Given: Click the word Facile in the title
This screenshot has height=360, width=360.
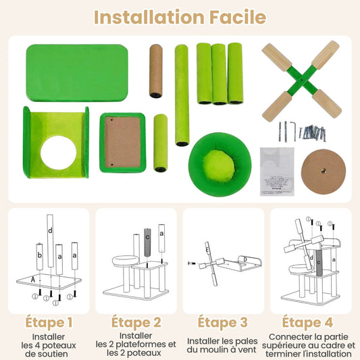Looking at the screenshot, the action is [x=238, y=17].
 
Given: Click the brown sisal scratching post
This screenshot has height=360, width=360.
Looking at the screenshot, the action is [x=156, y=71].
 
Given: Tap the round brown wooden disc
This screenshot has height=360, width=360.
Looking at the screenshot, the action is [x=324, y=172].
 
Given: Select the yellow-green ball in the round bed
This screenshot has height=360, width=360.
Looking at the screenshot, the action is [x=219, y=163].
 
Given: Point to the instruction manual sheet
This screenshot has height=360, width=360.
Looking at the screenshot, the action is [x=277, y=172].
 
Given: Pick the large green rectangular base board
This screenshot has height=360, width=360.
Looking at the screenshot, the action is [x=77, y=73].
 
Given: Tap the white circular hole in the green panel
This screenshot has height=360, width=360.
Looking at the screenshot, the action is [x=58, y=153].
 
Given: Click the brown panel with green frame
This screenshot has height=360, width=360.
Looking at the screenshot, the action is [x=123, y=143].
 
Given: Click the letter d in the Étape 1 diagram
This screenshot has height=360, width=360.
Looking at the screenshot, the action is [x=50, y=230].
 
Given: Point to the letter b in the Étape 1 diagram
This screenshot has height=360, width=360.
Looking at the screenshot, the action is [x=40, y=255].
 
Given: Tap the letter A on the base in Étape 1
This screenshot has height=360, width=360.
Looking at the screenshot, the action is [x=33, y=280].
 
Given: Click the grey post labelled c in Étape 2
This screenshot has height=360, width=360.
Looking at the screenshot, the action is [x=147, y=242].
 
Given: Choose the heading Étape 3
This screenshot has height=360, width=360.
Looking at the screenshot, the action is [x=222, y=322].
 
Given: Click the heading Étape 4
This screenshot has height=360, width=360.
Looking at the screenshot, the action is [x=307, y=322].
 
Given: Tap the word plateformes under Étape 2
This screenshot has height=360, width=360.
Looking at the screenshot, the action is [x=143, y=344].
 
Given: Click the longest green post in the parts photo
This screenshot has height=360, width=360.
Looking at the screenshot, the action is [x=182, y=95].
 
